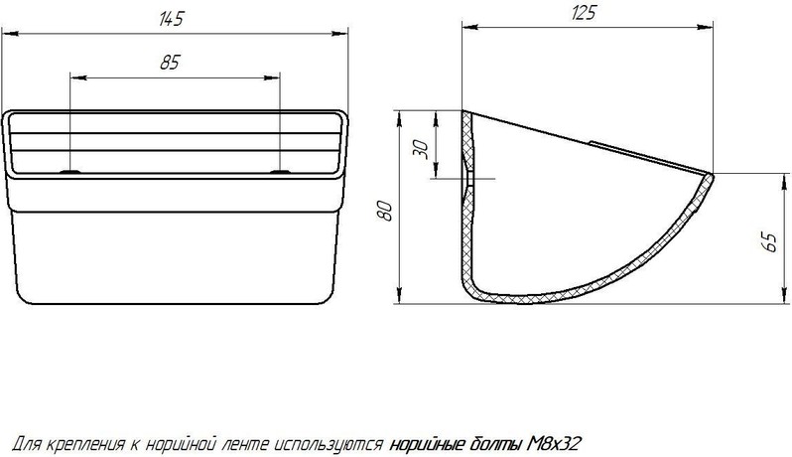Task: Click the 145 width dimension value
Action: [171, 19]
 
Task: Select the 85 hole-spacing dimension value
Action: [170, 63]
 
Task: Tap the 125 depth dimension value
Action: [584, 13]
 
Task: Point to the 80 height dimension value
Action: [386, 211]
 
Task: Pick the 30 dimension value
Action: [421, 149]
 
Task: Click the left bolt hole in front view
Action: [70, 172]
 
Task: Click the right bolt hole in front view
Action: [280, 172]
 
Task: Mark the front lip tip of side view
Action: [713, 176]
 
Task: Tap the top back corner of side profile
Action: [463, 111]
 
